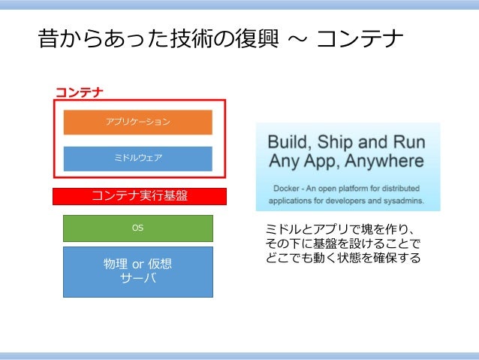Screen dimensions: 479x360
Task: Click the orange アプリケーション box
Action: (137, 122)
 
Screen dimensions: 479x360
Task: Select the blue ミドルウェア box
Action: (137, 158)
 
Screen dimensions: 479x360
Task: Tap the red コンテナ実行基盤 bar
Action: (139, 196)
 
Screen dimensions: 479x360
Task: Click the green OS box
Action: (137, 228)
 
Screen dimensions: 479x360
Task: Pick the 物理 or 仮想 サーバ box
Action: (137, 271)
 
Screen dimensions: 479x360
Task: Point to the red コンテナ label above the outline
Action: (79, 92)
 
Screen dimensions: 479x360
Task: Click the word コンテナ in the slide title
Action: (360, 38)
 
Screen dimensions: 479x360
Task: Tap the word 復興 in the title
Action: (251, 38)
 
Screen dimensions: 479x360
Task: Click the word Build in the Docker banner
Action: (288, 142)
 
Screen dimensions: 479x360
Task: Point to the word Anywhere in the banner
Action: (382, 161)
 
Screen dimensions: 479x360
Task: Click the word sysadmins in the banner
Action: (402, 201)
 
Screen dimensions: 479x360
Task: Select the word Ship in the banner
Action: (337, 142)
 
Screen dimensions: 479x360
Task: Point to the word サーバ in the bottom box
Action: (137, 279)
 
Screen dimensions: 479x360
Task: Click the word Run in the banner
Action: (410, 142)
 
